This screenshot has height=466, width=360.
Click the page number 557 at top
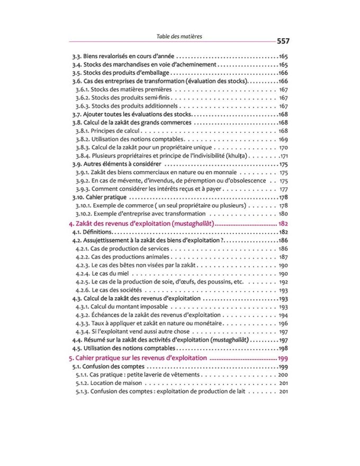(x=280, y=41)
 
